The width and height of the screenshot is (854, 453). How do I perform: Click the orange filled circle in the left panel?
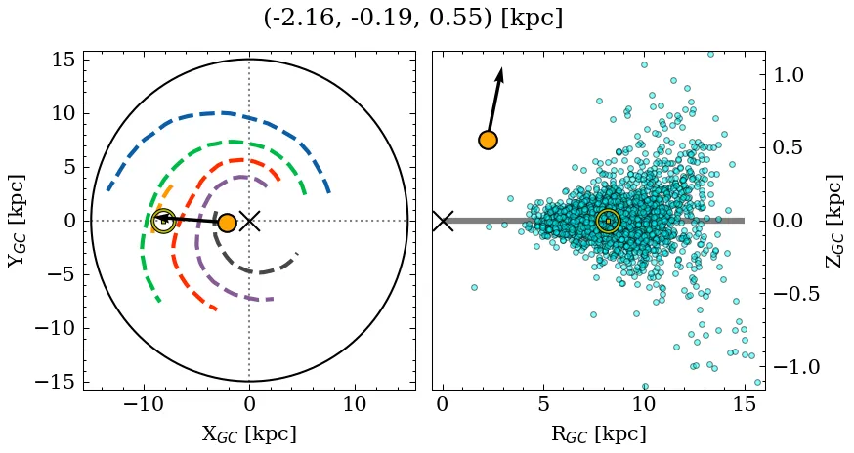click(x=227, y=223)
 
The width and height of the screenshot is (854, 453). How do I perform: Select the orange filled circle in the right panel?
click(x=488, y=140)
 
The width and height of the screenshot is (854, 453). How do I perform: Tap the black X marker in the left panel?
click(x=249, y=221)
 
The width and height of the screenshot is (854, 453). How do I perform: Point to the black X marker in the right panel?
click(x=443, y=221)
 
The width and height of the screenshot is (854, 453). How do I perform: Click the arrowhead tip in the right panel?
click(x=501, y=68)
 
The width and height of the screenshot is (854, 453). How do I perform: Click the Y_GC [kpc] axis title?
click(x=17, y=221)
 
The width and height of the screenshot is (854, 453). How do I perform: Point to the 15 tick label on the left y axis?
click(x=63, y=60)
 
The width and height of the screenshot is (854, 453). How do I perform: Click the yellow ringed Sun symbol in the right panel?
click(x=608, y=222)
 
